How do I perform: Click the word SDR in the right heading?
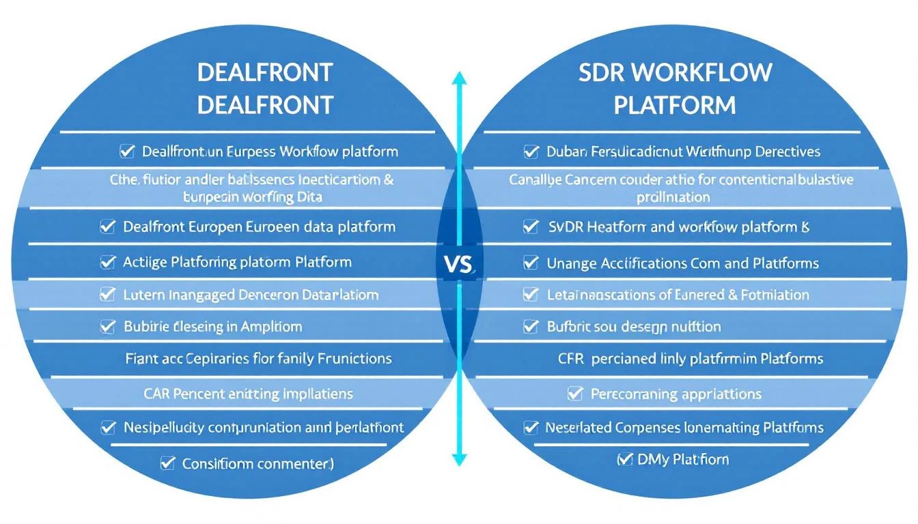tap(601, 72)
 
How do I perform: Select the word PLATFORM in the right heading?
tap(674, 105)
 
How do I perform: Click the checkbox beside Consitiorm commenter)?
tap(167, 463)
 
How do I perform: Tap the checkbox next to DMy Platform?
tap(624, 459)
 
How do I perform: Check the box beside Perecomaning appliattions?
tap(575, 394)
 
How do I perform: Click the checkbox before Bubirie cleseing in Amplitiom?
tap(107, 327)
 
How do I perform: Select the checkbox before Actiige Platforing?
tap(107, 262)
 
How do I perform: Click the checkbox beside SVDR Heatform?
tap(531, 227)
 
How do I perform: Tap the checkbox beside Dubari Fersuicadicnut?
tap(531, 151)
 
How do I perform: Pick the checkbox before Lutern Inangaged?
tap(107, 295)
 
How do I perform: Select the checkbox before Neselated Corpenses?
tap(531, 428)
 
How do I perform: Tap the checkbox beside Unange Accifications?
tap(531, 263)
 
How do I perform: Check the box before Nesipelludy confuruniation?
tap(107, 428)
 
